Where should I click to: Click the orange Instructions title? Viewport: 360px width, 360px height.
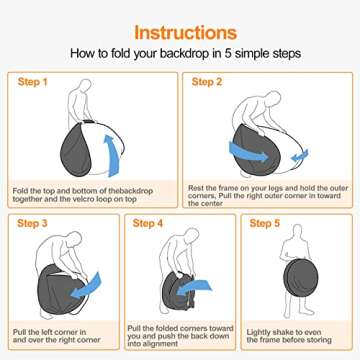(185, 33)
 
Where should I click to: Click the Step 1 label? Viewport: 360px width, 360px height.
(33, 82)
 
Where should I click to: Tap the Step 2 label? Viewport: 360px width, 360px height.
(207, 82)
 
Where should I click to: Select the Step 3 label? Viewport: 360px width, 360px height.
(32, 223)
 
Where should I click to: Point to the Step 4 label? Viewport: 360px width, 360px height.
(148, 223)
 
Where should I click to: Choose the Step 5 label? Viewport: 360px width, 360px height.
(264, 223)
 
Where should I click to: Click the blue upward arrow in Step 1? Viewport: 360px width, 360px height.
(112, 155)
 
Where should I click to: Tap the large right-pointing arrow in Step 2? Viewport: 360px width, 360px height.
(248, 152)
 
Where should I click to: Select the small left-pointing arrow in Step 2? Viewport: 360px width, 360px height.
(299, 156)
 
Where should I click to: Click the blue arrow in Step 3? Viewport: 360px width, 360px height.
(86, 286)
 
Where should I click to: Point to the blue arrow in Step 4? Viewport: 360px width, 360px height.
(194, 287)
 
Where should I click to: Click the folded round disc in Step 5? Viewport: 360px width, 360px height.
(301, 278)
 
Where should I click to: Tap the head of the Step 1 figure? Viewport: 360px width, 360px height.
(85, 85)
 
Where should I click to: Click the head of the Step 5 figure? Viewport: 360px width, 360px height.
(297, 230)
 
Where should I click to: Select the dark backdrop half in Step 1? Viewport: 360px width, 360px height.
(75, 150)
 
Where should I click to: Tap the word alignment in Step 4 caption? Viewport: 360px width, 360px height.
(158, 344)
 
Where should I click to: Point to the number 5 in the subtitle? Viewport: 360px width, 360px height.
(228, 53)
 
